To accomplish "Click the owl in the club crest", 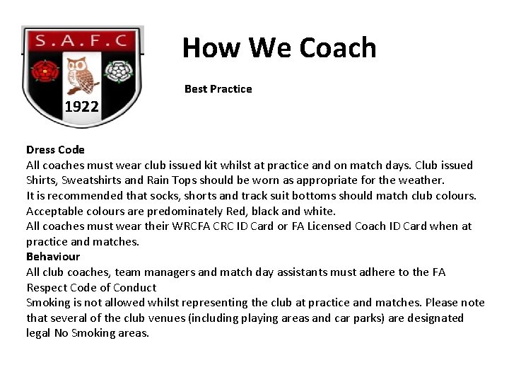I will coord(83,75).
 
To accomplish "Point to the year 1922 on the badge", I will coord(82,108).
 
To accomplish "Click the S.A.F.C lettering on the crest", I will coord(81,41).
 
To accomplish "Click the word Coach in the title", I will coord(337,48).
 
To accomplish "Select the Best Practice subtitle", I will coord(218,89).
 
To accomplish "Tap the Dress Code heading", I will coord(55,150).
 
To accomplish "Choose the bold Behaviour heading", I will coord(53,257).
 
